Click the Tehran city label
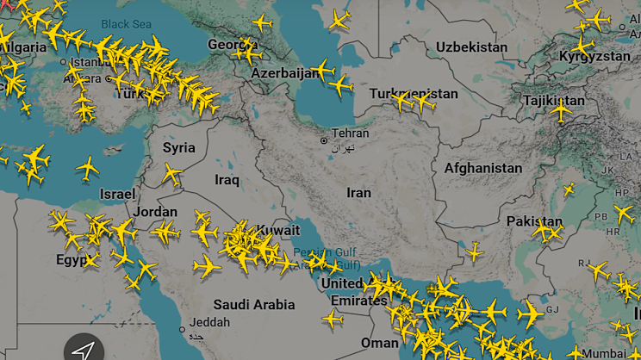tap(351, 133)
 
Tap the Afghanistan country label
tap(482, 169)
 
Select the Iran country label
tap(358, 193)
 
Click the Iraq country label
tap(227, 180)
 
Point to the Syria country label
tap(179, 147)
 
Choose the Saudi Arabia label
tap(254, 304)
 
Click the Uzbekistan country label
tap(472, 47)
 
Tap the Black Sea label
tap(126, 25)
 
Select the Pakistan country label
tap(534, 221)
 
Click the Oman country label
tap(380, 342)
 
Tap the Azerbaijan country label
tap(284, 74)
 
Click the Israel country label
tap(117, 194)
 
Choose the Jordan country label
tap(156, 212)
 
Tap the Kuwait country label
tap(278, 231)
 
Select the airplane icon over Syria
tap(171, 175)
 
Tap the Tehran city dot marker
tap(324, 140)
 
